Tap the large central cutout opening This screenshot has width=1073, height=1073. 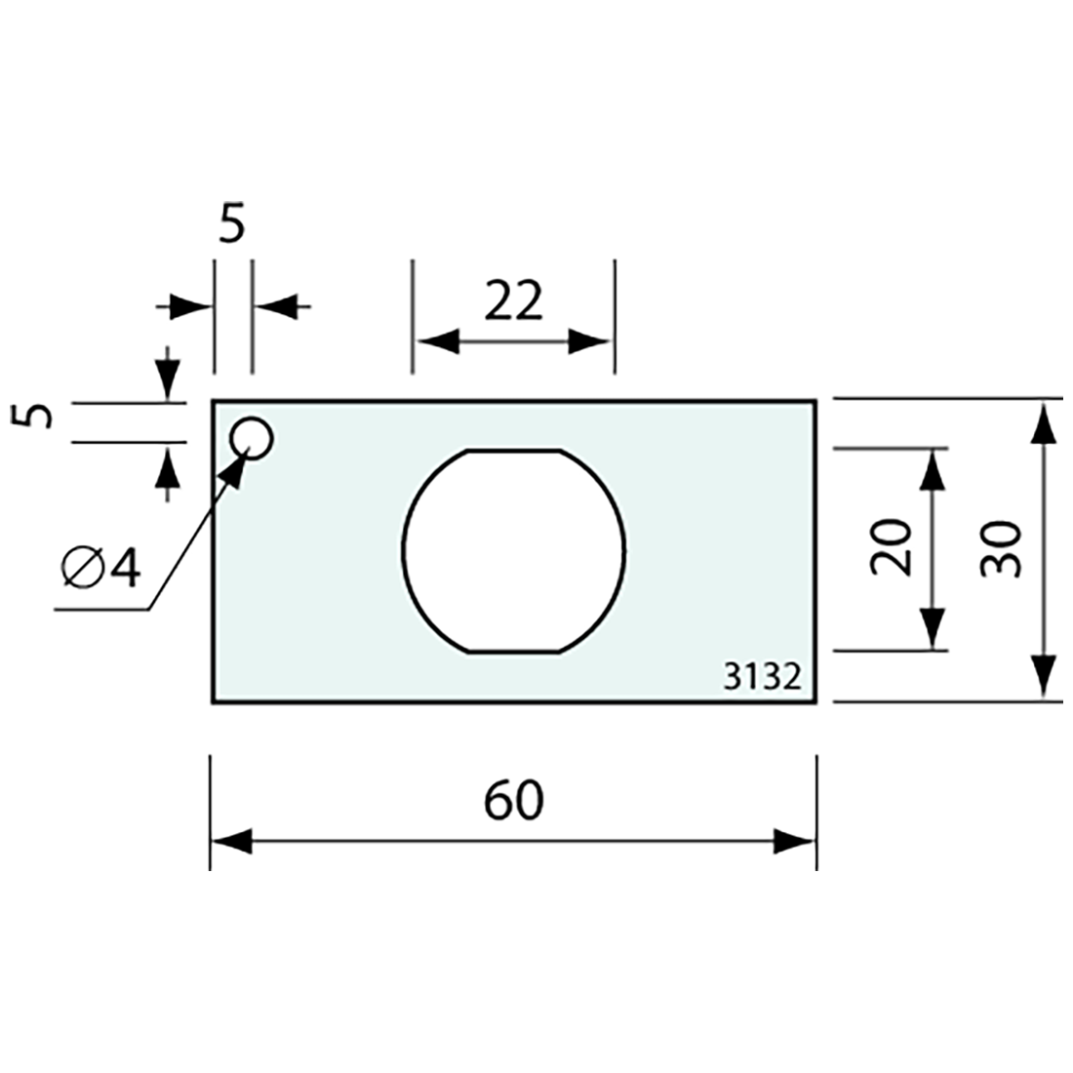[514, 551]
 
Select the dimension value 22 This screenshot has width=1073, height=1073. [513, 302]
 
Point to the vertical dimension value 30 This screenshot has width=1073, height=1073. [1002, 549]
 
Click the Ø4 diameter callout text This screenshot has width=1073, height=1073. [100, 568]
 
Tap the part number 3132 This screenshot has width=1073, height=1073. [763, 676]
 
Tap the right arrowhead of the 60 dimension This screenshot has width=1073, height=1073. [794, 841]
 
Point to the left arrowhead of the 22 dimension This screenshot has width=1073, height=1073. [435, 341]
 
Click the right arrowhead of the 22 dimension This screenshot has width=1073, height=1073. [591, 341]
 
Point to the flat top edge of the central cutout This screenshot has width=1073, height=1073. [514, 450]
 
